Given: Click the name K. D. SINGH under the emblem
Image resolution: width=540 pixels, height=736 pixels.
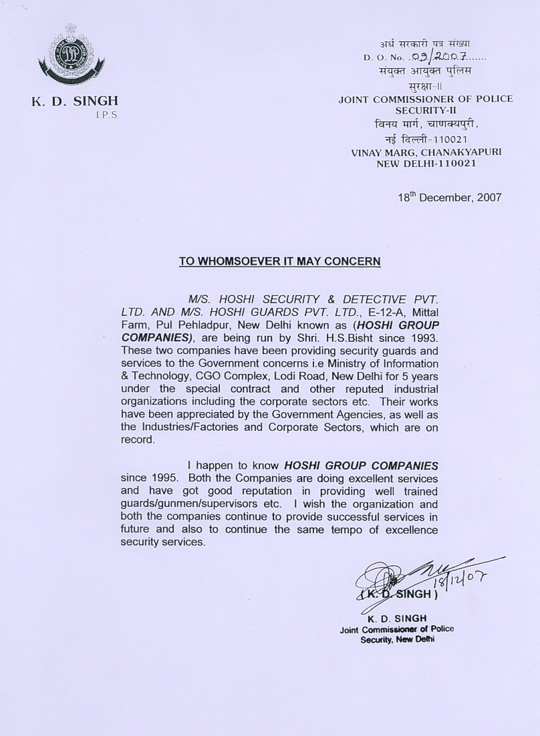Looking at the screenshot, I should pyautogui.click(x=75, y=102).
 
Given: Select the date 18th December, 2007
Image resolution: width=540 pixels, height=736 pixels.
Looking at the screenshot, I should pyautogui.click(x=448, y=198).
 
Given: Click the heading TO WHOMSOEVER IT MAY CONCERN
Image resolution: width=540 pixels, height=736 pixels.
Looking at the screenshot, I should pyautogui.click(x=279, y=260).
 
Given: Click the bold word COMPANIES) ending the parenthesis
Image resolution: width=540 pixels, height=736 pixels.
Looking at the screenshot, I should pyautogui.click(x=156, y=339).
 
